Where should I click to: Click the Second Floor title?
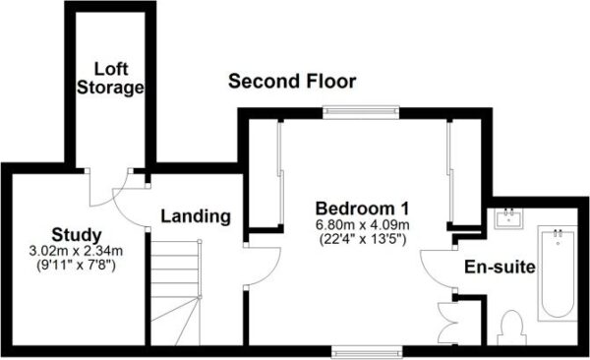(x=292, y=82)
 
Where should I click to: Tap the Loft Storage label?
(x=110, y=79)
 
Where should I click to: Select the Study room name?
(x=77, y=235)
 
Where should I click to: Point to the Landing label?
(x=196, y=216)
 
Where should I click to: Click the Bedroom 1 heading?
(x=362, y=209)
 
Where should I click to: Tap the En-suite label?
(x=500, y=267)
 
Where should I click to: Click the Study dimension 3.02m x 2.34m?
(x=76, y=251)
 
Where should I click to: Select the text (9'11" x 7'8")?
(x=76, y=266)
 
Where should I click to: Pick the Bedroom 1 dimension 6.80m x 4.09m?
(x=362, y=225)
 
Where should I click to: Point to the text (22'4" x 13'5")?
(x=362, y=239)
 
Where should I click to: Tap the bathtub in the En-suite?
(x=558, y=273)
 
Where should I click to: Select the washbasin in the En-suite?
(x=509, y=217)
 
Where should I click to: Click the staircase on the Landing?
(x=176, y=292)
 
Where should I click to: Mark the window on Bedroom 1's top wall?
(x=361, y=111)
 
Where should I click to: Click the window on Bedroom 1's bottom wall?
(x=367, y=352)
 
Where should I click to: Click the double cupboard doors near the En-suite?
(x=445, y=323)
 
